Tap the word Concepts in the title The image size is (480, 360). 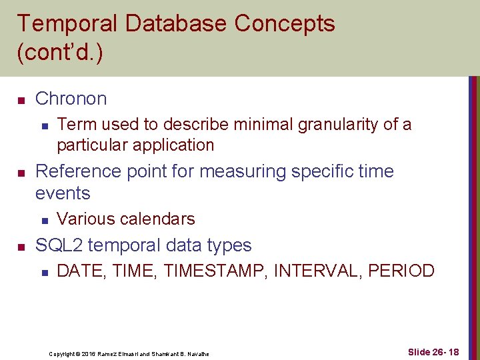click(285, 23)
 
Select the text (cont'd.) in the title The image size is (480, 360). click(59, 53)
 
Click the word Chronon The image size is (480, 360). click(71, 99)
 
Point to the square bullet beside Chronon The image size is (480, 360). click(21, 100)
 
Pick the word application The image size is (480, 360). click(173, 145)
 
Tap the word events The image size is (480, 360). click(62, 193)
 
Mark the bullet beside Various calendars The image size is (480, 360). click(43, 220)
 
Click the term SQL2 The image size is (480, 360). click(59, 245)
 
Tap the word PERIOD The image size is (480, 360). click(402, 271)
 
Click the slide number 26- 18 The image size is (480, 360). click(445, 352)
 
